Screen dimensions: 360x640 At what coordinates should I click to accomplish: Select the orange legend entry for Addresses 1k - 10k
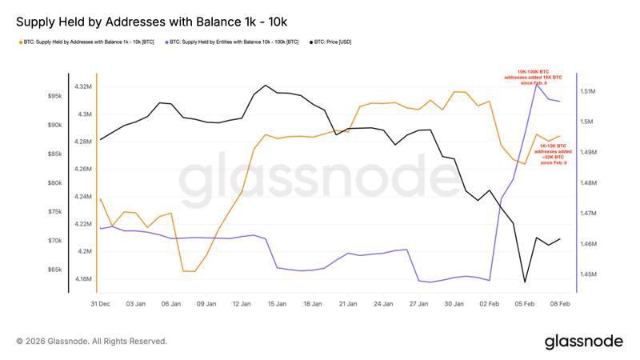[87, 41]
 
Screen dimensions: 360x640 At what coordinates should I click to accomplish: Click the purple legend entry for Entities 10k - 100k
[231, 41]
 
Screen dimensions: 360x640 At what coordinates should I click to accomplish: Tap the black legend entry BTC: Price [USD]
[337, 41]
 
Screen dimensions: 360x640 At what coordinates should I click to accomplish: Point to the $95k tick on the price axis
[54, 96]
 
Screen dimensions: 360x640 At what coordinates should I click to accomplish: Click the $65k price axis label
[54, 270]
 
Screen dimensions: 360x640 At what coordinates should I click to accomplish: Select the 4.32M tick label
[82, 86]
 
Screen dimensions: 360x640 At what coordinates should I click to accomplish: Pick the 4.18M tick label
[82, 279]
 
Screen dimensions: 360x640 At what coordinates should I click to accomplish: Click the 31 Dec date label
[99, 304]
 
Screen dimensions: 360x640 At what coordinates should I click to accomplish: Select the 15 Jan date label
[277, 304]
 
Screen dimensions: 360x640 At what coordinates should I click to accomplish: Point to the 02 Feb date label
[490, 304]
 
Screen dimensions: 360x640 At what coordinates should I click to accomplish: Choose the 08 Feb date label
[560, 304]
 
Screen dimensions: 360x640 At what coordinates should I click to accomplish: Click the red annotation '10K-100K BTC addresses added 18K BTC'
[534, 77]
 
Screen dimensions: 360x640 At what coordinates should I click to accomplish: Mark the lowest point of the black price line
[525, 282]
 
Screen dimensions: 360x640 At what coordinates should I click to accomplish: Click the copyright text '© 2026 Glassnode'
[91, 341]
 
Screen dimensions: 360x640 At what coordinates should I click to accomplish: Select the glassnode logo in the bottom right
[583, 342]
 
